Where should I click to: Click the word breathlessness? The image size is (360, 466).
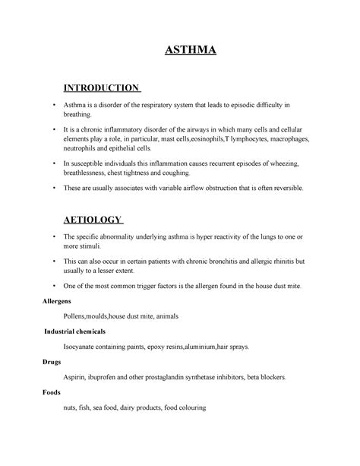pyautogui.click(x=90, y=176)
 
